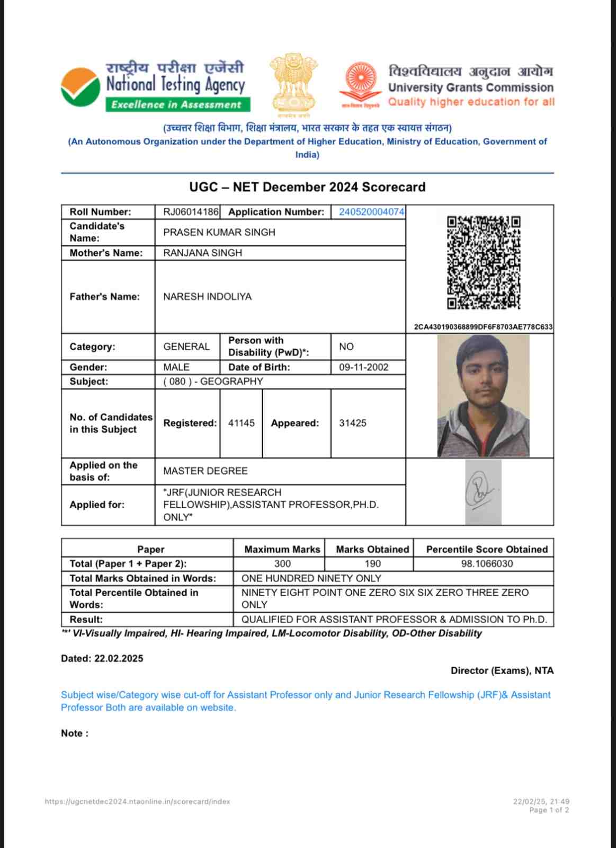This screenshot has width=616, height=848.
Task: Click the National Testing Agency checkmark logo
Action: pyautogui.click(x=81, y=87)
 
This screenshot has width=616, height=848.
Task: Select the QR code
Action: pyautogui.click(x=484, y=262)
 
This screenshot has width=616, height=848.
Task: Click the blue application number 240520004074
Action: pyautogui.click(x=371, y=212)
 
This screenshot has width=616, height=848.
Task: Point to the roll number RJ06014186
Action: pyautogui.click(x=190, y=212)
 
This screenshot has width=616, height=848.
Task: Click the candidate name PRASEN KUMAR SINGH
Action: pyautogui.click(x=219, y=232)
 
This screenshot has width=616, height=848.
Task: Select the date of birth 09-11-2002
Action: pyautogui.click(x=363, y=367)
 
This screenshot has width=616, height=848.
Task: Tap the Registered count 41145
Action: pyautogui.click(x=241, y=423)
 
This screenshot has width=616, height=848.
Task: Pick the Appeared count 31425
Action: pyautogui.click(x=352, y=423)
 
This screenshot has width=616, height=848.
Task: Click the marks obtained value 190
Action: pyautogui.click(x=372, y=563)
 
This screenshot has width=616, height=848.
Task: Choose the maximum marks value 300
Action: pyautogui.click(x=282, y=563)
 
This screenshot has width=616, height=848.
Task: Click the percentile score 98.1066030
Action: pyautogui.click(x=487, y=563)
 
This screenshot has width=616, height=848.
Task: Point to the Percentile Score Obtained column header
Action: pyautogui.click(x=487, y=550)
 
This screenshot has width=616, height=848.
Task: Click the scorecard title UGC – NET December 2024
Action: pyautogui.click(x=307, y=187)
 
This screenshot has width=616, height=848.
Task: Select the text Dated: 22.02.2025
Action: pyautogui.click(x=102, y=659)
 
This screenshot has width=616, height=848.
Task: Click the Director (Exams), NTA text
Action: pyautogui.click(x=502, y=670)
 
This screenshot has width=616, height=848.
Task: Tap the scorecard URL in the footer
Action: pyautogui.click(x=137, y=802)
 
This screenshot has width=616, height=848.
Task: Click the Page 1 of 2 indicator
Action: pyautogui.click(x=549, y=810)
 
